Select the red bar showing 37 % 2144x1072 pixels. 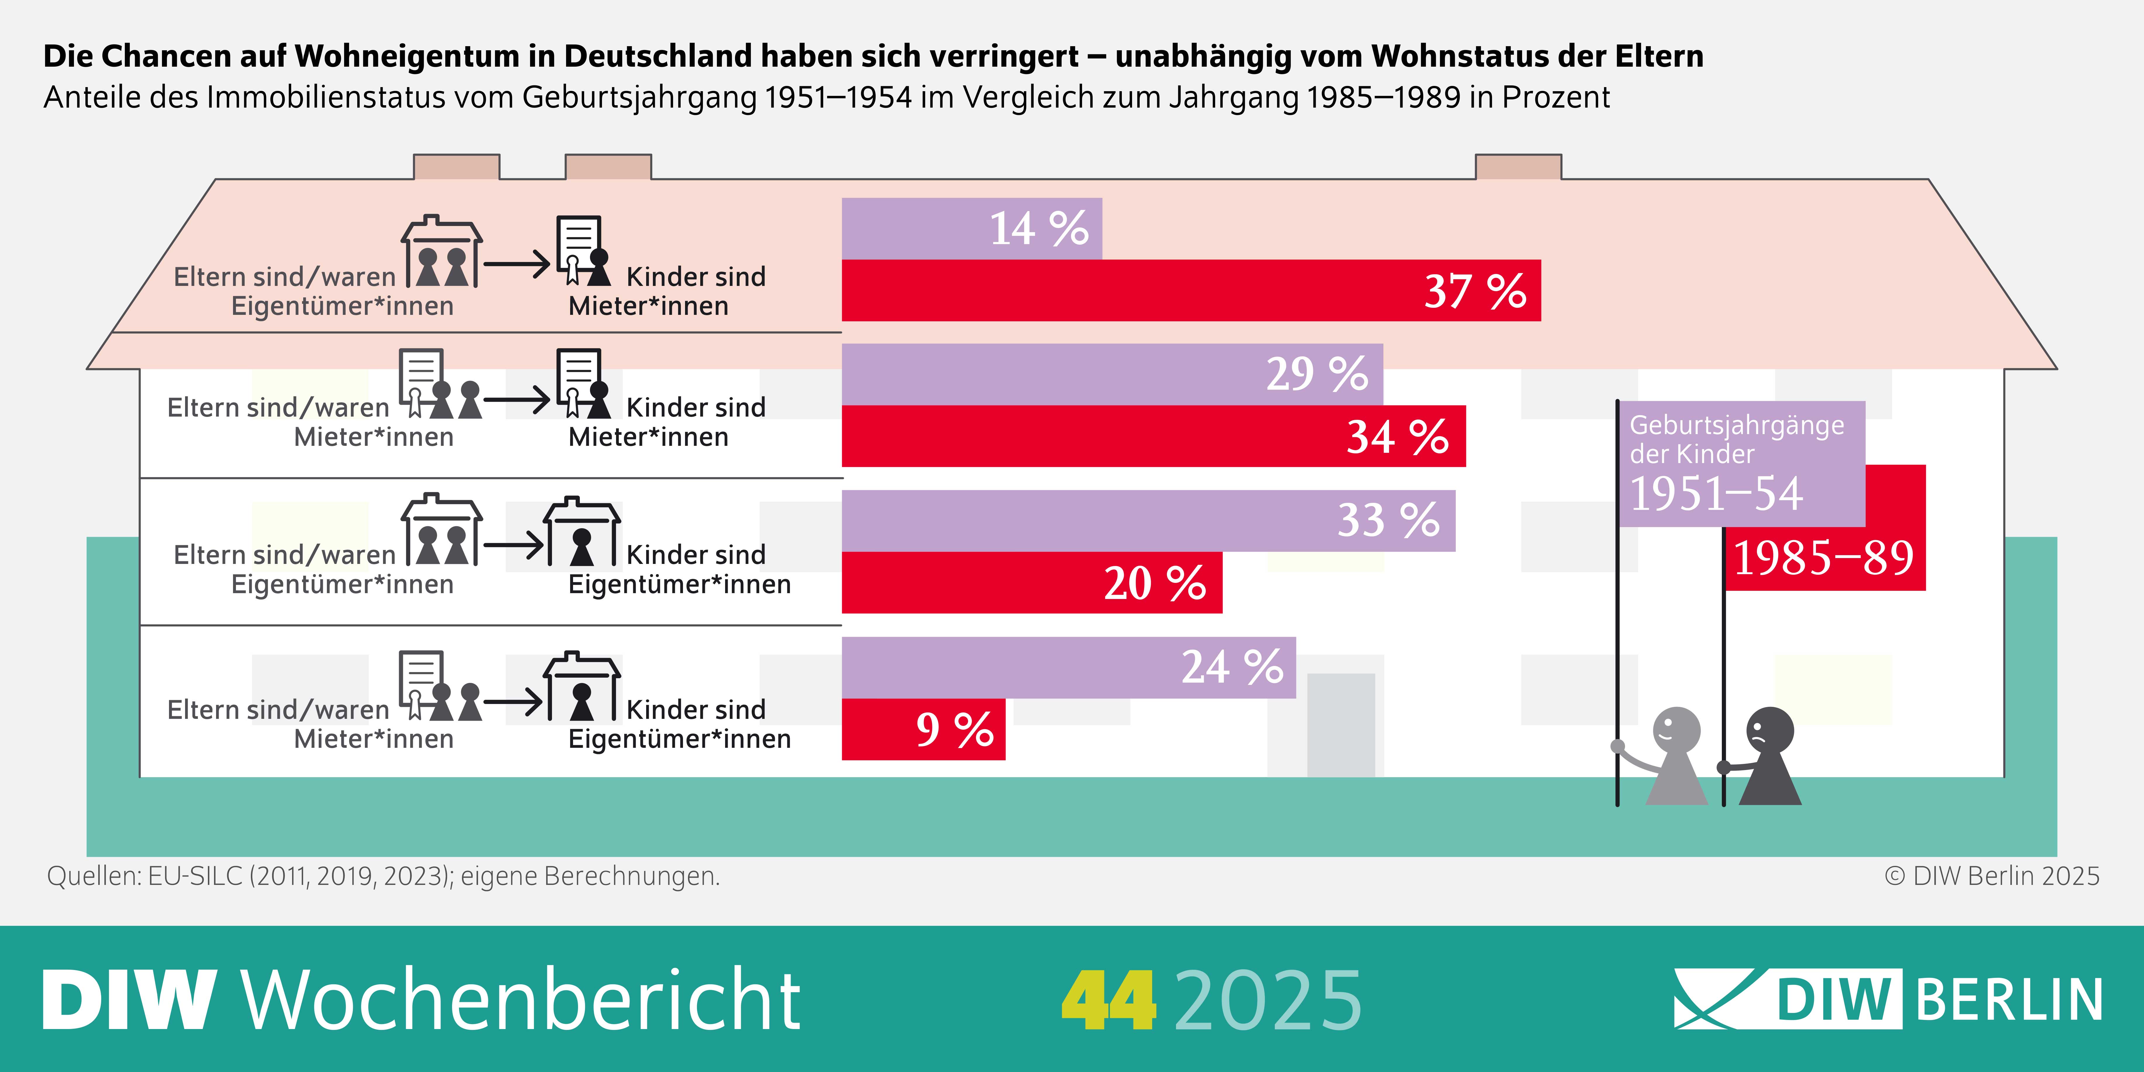coord(1190,291)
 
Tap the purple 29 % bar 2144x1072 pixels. coord(1112,374)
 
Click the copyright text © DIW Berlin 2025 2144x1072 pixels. coord(1992,876)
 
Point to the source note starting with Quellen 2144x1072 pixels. coord(383,876)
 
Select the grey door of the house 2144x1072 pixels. coord(1341,724)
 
